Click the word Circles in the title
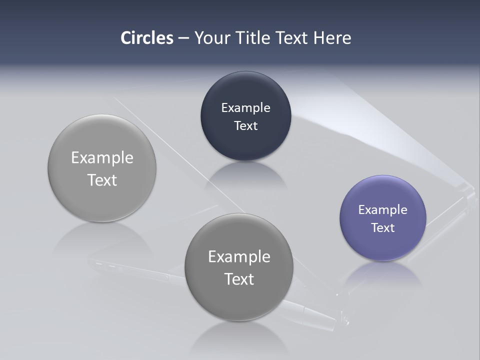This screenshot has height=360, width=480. click(147, 38)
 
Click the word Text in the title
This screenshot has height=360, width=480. click(292, 38)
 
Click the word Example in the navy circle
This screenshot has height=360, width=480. click(245, 107)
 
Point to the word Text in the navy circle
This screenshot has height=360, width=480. click(245, 125)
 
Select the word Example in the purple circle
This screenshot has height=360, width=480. click(382, 209)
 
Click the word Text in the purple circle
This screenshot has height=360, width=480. click(382, 227)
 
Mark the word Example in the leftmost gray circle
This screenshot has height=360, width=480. click(102, 157)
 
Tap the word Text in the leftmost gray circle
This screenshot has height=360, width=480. click(102, 180)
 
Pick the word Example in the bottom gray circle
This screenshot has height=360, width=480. click(239, 256)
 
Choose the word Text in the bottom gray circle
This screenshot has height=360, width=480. click(239, 279)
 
